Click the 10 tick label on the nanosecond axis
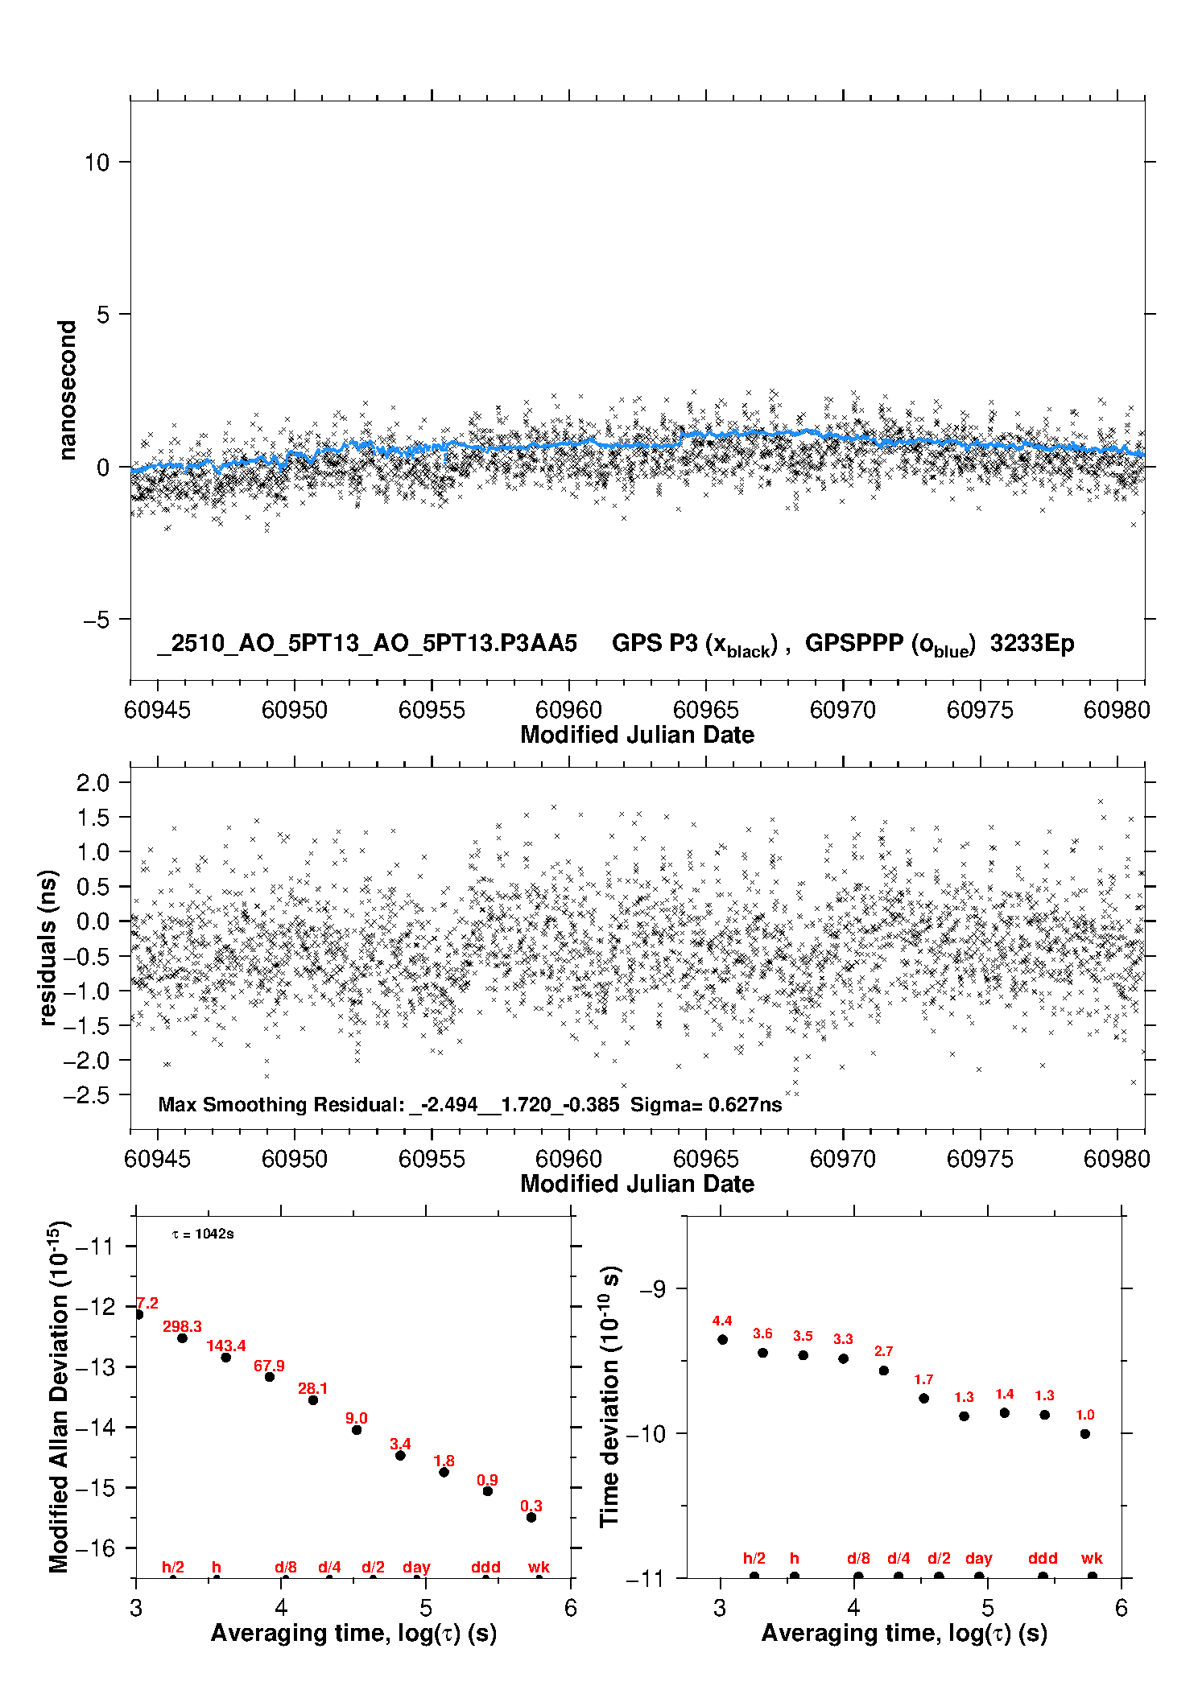[97, 163]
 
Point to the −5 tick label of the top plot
[96, 620]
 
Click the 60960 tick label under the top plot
[568, 710]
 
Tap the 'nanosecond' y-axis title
[68, 390]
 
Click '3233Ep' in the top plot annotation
[1032, 644]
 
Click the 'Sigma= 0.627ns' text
[706, 1105]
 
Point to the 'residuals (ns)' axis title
[48, 947]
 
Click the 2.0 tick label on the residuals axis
[93, 783]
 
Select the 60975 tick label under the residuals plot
[980, 1159]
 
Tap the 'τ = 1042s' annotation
[203, 1234]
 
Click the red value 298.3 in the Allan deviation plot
[182, 1326]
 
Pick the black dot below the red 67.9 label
[270, 1377]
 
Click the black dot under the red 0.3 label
[531, 1517]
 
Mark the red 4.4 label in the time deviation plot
[722, 1321]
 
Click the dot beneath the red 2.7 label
[883, 1370]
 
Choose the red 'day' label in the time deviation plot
[979, 1559]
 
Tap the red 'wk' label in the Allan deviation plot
[539, 1567]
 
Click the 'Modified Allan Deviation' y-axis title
[59, 1396]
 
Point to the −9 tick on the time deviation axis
[652, 1289]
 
